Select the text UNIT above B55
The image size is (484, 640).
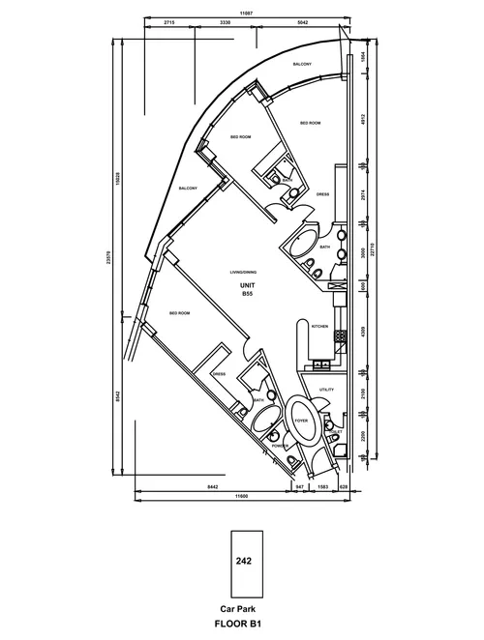tap(247, 287)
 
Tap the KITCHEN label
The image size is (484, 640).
tap(321, 328)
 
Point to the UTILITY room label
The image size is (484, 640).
tap(326, 389)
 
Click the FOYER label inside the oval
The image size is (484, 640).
tap(301, 422)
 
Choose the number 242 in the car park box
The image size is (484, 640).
tap(242, 560)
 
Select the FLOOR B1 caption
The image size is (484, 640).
tap(242, 625)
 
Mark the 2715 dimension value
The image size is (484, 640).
tap(169, 20)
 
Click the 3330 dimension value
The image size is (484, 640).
tap(225, 20)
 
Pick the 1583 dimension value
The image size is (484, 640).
tap(322, 488)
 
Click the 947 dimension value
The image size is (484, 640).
tap(300, 488)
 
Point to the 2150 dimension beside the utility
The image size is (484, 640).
tap(363, 396)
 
